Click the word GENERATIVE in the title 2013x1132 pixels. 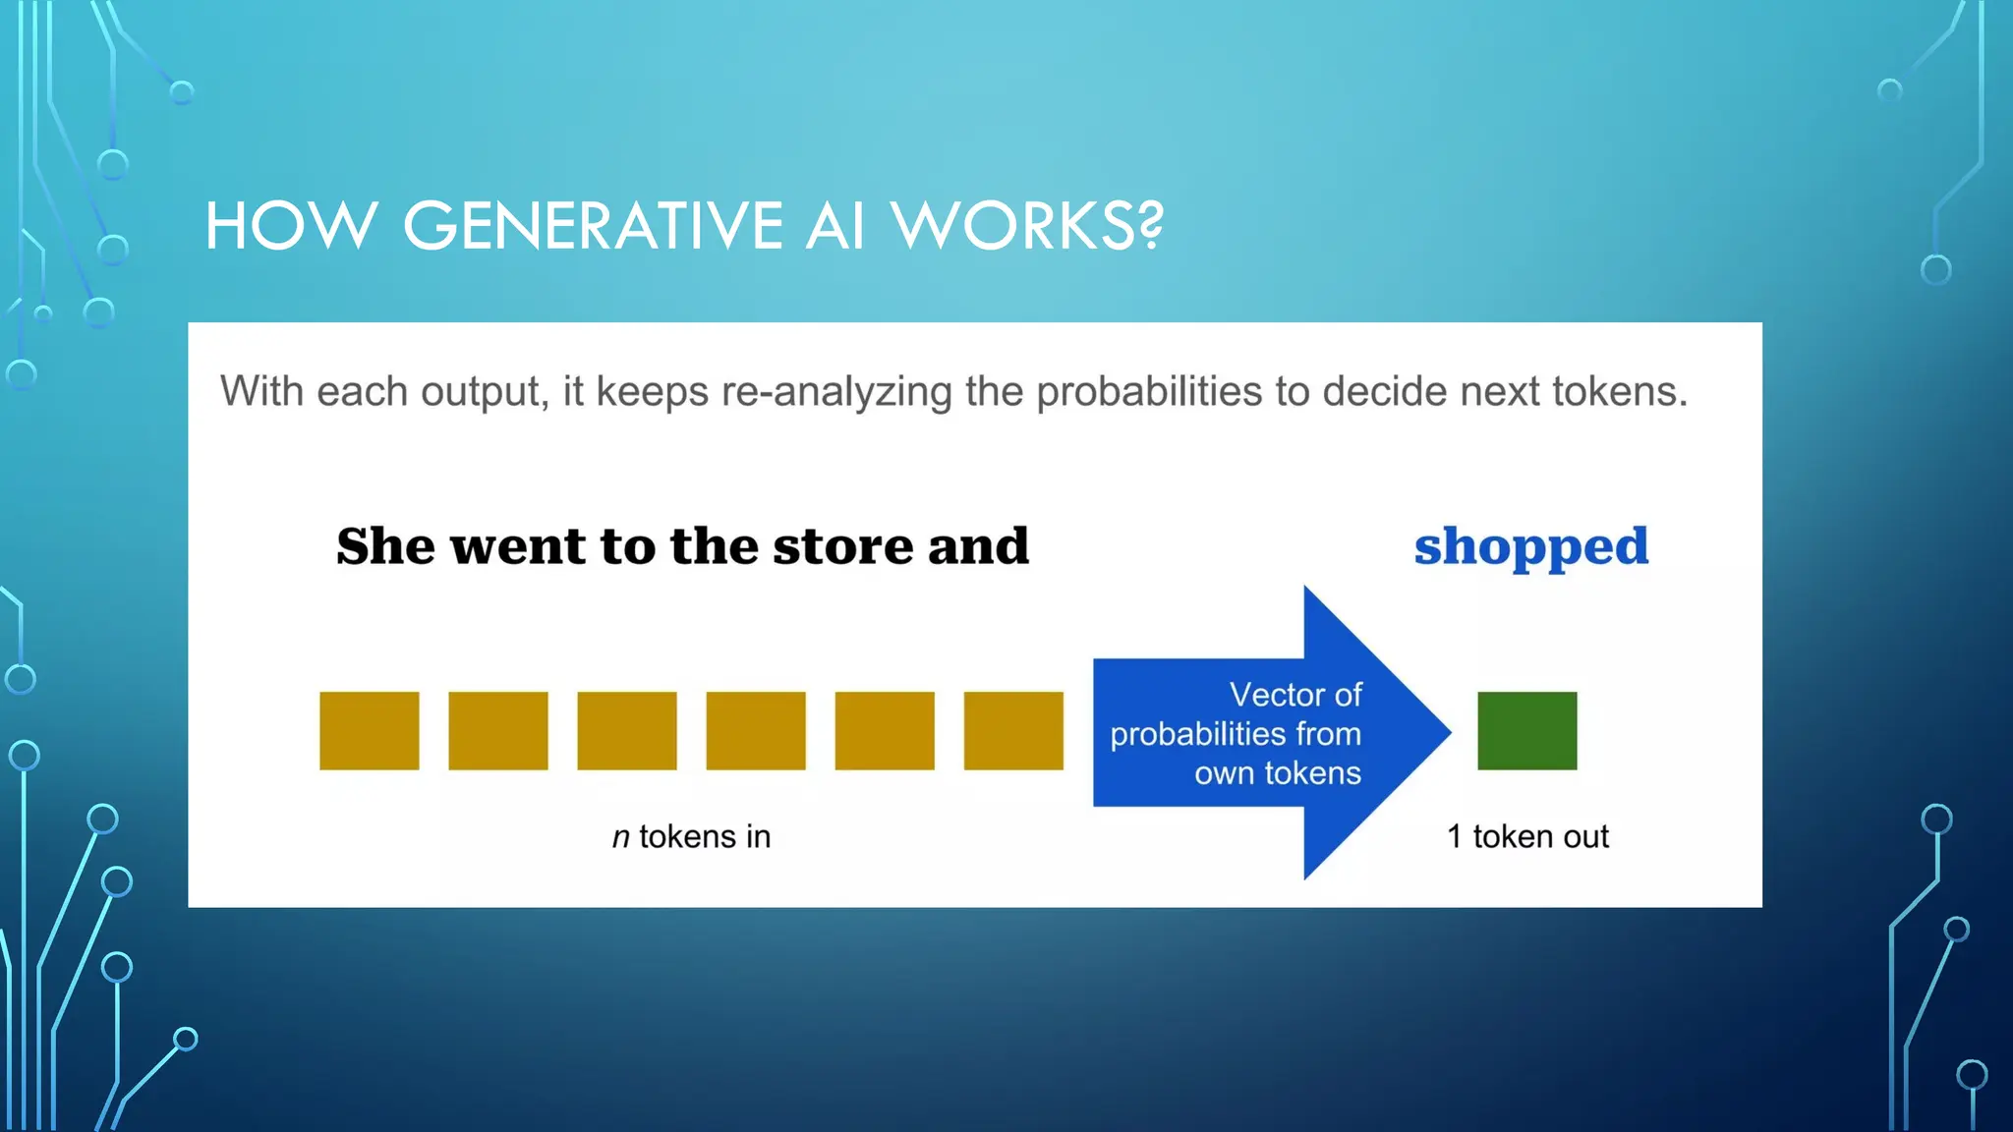pyautogui.click(x=593, y=226)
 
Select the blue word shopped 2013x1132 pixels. pyautogui.click(x=1530, y=547)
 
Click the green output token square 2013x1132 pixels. pyautogui.click(x=1526, y=730)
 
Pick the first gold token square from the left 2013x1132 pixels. pyautogui.click(x=369, y=730)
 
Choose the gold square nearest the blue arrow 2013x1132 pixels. pyautogui.click(x=1013, y=730)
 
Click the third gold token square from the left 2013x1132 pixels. pyautogui.click(x=626, y=730)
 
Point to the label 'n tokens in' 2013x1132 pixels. pyautogui.click(x=691, y=836)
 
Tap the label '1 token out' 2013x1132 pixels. pyautogui.click(x=1527, y=836)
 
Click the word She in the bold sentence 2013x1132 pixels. pyautogui.click(x=384, y=546)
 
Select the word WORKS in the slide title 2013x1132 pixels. pyautogui.click(x=1012, y=226)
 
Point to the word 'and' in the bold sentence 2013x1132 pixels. pyautogui.click(x=978, y=546)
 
